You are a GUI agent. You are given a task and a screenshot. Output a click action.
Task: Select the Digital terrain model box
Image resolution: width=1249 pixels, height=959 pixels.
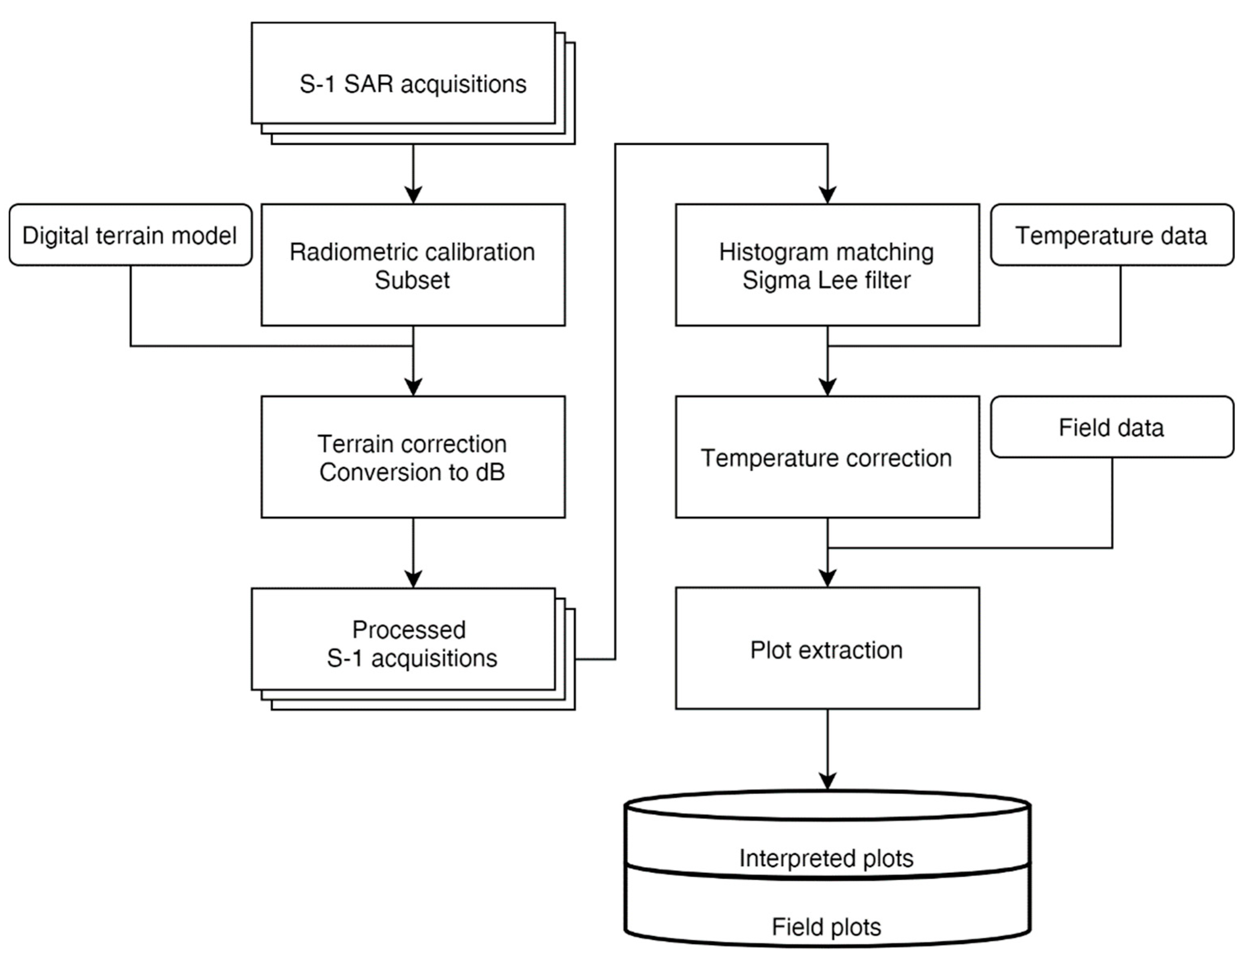click(x=130, y=235)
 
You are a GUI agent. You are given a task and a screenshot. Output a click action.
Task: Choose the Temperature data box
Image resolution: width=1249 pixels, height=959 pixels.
click(x=1111, y=235)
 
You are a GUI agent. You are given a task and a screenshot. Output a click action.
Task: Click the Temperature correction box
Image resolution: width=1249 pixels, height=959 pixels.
click(x=826, y=457)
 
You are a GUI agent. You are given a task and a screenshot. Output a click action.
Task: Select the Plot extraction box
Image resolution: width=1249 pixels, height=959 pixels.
click(x=826, y=649)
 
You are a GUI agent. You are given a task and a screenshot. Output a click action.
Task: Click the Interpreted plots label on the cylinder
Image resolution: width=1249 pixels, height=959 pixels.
click(x=826, y=858)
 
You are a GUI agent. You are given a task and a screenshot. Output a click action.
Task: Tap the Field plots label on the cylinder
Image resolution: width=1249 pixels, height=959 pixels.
click(x=826, y=927)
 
